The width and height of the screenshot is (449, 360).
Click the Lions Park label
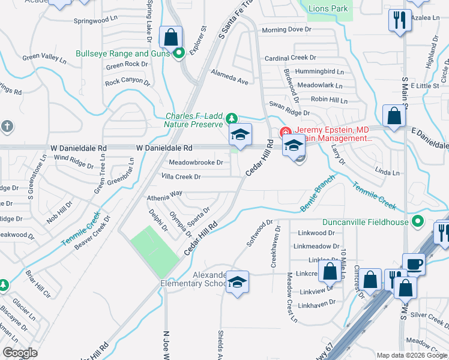coord(328,9)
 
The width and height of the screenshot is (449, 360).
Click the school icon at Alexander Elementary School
coord(238,282)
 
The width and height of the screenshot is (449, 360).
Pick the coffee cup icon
coord(414,263)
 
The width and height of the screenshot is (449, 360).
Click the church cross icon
coord(7,127)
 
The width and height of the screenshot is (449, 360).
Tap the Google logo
coord(20,353)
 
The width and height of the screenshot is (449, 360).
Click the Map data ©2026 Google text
coord(412,355)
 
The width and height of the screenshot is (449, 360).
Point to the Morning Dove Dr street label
coord(287,29)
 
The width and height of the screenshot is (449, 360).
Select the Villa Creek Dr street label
coord(181,177)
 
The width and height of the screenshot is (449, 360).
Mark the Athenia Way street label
coord(164,194)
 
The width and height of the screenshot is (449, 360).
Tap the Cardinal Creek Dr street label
coord(291,58)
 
